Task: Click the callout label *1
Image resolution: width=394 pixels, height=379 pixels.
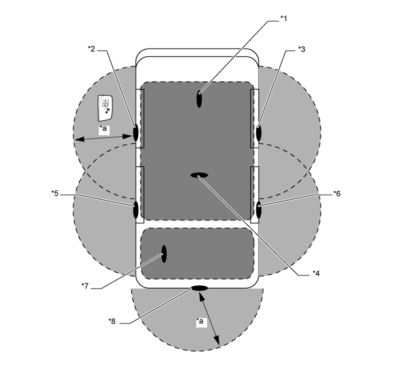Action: [284, 18]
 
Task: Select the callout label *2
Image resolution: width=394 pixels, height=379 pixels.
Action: [91, 49]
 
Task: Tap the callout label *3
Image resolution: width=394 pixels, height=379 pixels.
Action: [302, 49]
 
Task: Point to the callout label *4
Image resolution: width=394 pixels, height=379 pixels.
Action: [316, 274]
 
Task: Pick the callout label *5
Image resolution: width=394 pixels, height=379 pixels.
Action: [55, 194]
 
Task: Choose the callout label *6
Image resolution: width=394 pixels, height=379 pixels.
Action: [337, 194]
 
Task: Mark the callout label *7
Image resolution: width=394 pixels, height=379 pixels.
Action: [85, 286]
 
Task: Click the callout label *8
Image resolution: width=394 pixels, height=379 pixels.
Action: [112, 321]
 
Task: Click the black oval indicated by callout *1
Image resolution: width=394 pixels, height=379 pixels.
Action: [199, 99]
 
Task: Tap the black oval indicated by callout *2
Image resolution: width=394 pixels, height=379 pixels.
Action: [136, 133]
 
